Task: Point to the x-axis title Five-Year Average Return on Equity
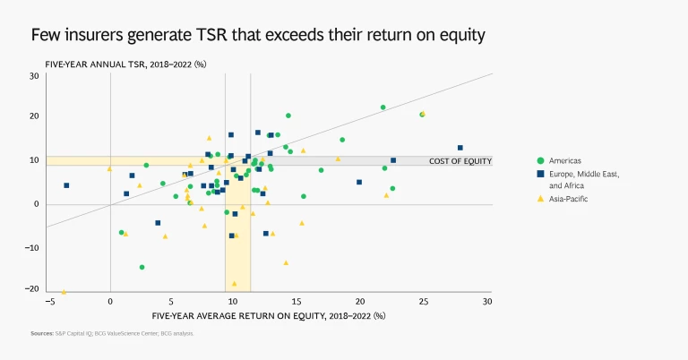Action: (268, 315)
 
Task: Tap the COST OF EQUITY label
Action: (460, 161)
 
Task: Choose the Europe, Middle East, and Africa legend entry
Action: (582, 178)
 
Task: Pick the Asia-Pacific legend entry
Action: (568, 198)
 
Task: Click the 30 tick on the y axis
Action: (33, 76)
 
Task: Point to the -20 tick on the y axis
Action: (31, 288)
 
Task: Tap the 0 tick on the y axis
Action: (37, 204)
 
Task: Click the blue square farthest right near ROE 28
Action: (460, 148)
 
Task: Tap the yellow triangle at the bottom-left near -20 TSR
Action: (64, 292)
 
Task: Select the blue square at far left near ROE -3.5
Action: (66, 185)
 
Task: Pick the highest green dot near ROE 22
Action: (383, 107)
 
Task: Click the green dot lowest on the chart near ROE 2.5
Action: (142, 267)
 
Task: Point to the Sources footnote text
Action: (112, 334)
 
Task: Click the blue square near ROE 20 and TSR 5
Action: (359, 182)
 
